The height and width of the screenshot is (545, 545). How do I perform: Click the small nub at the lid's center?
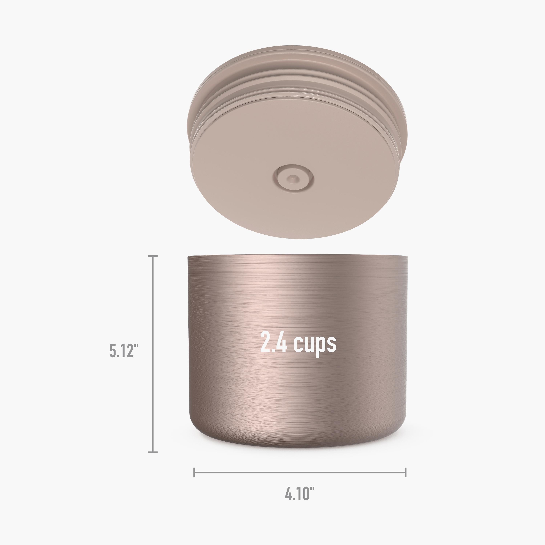293,178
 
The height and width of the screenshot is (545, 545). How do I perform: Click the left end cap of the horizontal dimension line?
194,472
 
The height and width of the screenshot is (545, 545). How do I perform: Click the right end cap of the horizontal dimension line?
406,472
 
